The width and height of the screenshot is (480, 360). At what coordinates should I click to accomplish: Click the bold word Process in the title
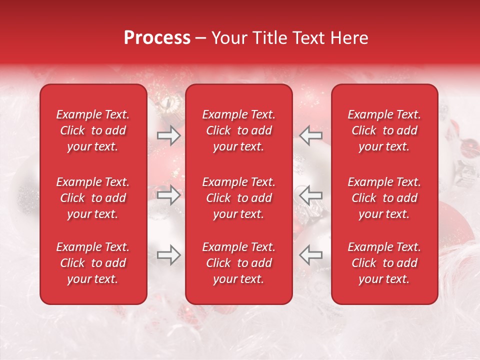pos(157,38)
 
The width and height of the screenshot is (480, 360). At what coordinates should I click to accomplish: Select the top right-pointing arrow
pos(168,135)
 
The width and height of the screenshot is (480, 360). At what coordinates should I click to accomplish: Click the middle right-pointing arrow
pos(168,195)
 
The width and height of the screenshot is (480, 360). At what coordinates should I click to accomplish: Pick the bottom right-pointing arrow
pos(168,255)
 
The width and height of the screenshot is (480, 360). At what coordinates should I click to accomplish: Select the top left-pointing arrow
pos(310,135)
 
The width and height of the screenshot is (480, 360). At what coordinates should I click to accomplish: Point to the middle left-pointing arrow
pos(310,195)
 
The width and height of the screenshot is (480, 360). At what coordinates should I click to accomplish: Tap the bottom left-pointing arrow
pos(310,255)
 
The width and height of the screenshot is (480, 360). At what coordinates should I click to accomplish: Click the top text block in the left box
pos(93,130)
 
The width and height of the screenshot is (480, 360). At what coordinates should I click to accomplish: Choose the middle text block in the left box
pos(93,198)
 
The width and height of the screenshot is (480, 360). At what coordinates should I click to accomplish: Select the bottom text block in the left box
pos(93,263)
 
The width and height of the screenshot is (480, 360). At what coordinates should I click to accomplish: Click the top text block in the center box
pos(238,130)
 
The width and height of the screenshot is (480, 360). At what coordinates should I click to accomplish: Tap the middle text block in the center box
pos(238,198)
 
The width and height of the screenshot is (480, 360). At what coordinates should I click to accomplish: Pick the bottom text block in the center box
pos(238,263)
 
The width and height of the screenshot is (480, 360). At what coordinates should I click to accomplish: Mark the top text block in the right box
pos(384,130)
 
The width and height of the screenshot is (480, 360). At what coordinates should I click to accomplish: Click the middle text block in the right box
pos(384,198)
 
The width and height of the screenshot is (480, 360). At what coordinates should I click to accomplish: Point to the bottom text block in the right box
pos(384,263)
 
